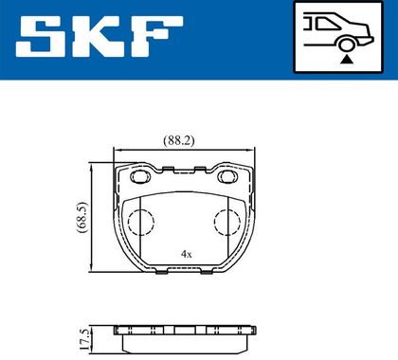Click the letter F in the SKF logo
click(x=157, y=36)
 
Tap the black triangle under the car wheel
click(x=347, y=59)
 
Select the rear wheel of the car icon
click(x=347, y=44)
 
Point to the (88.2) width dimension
click(x=179, y=140)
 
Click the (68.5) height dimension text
click(x=83, y=218)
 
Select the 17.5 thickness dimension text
click(x=84, y=339)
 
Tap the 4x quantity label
click(x=187, y=254)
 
